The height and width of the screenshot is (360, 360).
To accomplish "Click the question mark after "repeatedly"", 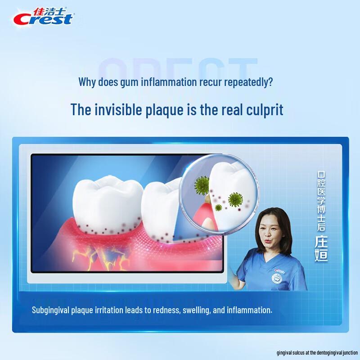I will (270, 83).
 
